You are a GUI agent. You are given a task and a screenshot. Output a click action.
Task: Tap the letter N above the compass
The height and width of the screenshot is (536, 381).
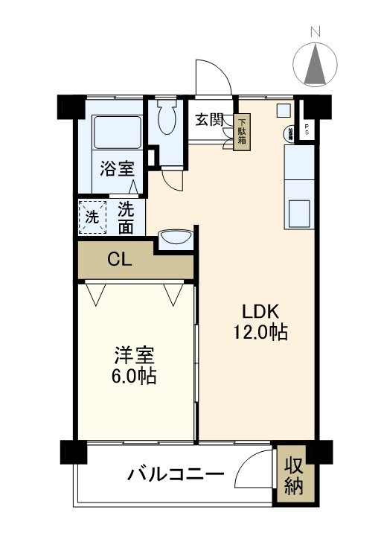tap(316, 32)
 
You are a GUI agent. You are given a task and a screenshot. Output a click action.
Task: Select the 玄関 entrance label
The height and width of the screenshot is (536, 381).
tap(209, 120)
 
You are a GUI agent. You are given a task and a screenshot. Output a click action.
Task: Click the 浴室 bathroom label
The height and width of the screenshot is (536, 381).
tap(118, 168)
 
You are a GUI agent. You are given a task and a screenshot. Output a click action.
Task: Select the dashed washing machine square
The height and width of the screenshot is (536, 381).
tap(92, 218)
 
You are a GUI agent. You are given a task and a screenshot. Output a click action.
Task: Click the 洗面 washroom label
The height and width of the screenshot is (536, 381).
tap(126, 219)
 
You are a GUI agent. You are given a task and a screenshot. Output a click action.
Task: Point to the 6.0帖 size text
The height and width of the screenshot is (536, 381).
tap(135, 377)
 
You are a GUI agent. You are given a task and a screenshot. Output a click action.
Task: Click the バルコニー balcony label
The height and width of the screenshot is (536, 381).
tap(176, 473)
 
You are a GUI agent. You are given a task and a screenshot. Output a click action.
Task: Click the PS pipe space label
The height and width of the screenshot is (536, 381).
tap(308, 130)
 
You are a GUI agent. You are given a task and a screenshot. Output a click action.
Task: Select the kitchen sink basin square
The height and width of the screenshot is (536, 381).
tap(301, 214)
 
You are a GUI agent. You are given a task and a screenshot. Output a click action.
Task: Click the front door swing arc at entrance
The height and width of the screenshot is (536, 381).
tap(212, 74)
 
